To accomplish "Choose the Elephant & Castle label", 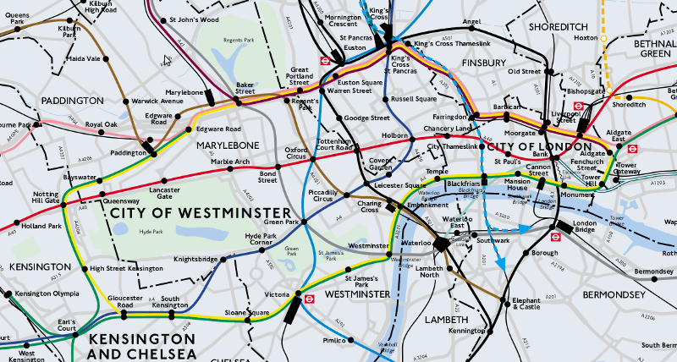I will (526, 303).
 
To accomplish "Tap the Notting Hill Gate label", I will (47, 198).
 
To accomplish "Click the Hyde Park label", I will (152, 231).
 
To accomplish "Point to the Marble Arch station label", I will (230, 161).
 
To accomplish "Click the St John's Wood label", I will (193, 19).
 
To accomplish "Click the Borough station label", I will (545, 253).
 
